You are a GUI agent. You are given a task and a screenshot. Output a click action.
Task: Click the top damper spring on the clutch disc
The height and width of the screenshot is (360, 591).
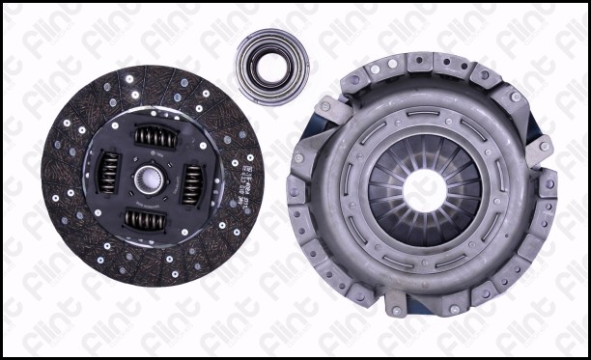[152, 137]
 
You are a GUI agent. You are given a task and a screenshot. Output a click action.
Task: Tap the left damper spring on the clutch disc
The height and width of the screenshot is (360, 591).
[110, 174]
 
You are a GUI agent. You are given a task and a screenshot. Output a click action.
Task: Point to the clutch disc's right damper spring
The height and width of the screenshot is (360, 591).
[193, 180]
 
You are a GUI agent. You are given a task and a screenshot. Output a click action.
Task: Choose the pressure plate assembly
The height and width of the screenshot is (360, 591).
[422, 183]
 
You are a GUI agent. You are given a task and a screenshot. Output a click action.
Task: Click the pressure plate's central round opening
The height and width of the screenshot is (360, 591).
[423, 183]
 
